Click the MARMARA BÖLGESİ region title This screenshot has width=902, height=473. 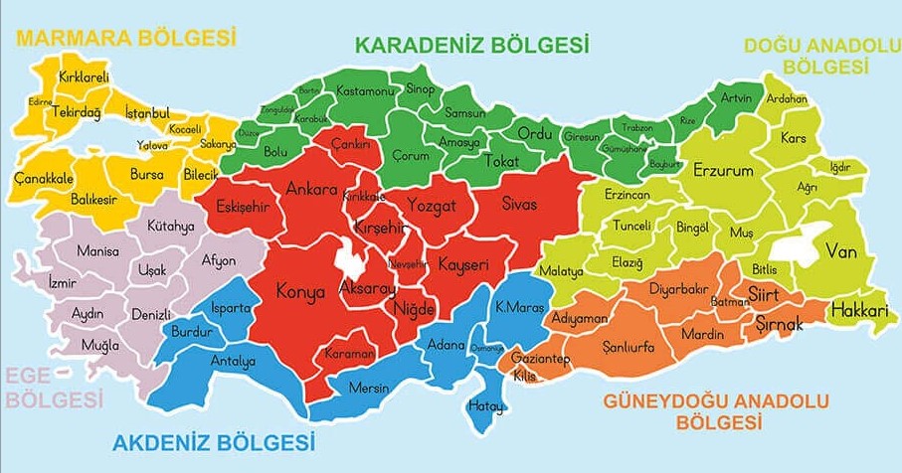[x=125, y=39]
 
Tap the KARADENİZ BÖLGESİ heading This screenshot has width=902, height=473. [x=471, y=45]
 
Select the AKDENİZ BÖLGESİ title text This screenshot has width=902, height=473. [x=213, y=442]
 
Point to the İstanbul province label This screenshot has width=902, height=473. [x=148, y=113]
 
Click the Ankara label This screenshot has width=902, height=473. [x=311, y=189]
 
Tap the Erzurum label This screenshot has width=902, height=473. [x=723, y=170]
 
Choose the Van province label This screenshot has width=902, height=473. [x=841, y=251]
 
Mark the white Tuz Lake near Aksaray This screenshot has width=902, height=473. [x=349, y=259]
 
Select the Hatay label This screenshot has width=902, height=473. [x=486, y=405]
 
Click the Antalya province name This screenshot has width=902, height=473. [x=233, y=361]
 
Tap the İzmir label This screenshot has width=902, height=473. [x=62, y=283]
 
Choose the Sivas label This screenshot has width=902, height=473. [x=519, y=205]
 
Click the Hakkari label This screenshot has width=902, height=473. [x=859, y=311]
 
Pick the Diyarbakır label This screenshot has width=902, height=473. [x=679, y=290]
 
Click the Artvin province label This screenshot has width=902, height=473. [x=737, y=98]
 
